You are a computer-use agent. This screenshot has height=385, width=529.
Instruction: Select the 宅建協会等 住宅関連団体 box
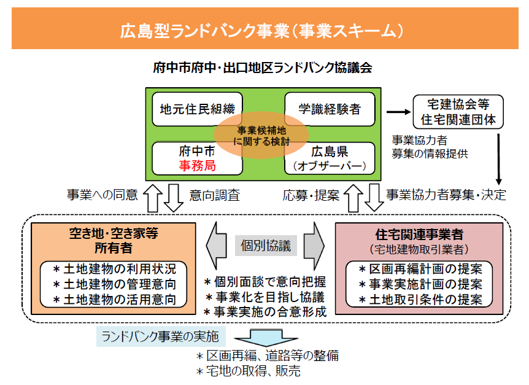pos(458,111)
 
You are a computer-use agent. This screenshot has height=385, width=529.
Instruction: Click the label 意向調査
pos(214,196)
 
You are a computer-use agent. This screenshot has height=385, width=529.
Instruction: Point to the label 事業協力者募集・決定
pos(446,196)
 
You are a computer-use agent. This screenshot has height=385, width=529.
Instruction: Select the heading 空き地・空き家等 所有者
pos(111,241)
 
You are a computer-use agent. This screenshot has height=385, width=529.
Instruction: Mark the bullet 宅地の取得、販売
pos(248,371)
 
